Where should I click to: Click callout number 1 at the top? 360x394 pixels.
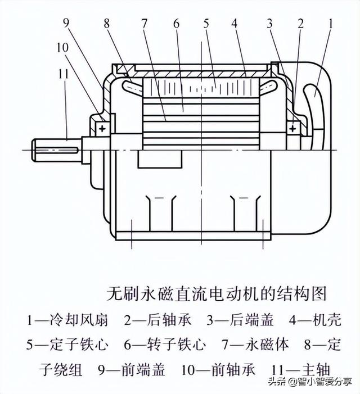pyautogui.click(x=331, y=24)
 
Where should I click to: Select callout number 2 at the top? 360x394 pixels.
pyautogui.click(x=301, y=24)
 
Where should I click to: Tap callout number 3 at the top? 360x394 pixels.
pyautogui.click(x=271, y=24)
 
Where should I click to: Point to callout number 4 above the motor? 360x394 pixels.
pyautogui.click(x=235, y=24)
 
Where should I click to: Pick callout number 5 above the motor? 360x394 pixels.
pyautogui.click(x=206, y=24)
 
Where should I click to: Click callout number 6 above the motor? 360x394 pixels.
pyautogui.click(x=175, y=24)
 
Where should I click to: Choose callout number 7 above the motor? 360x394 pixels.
pyautogui.click(x=145, y=24)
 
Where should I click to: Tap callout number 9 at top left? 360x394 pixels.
pyautogui.click(x=66, y=24)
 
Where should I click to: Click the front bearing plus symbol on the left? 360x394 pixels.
pyautogui.click(x=102, y=129)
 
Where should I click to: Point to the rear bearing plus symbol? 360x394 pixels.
pyautogui.click(x=292, y=129)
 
